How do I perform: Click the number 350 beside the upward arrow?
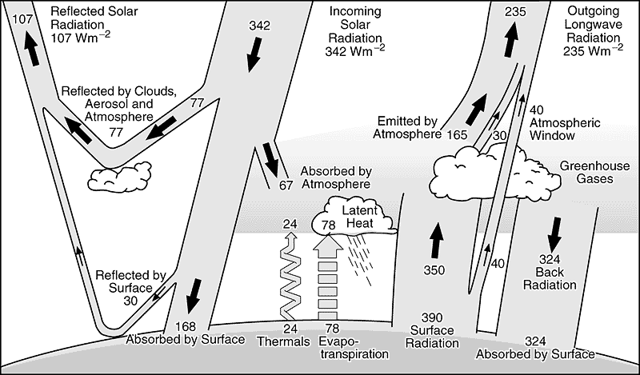434,270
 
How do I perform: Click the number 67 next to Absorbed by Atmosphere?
286,186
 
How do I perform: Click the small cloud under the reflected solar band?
121,172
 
